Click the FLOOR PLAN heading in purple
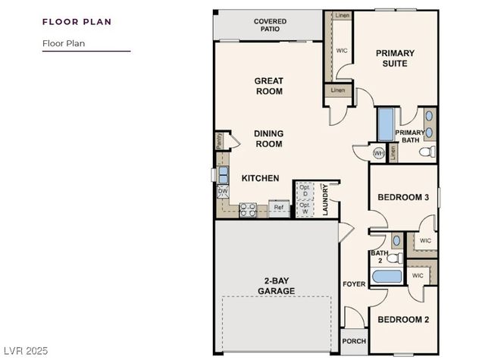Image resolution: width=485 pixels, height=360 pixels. pyautogui.click(x=77, y=21)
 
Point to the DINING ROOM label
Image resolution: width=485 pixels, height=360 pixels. pyautogui.click(x=268, y=139)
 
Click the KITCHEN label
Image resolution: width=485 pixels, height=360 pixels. pyautogui.click(x=260, y=178)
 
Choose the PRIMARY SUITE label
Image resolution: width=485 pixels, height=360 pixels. pyautogui.click(x=396, y=58)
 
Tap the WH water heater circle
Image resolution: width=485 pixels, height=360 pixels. pyautogui.click(x=379, y=152)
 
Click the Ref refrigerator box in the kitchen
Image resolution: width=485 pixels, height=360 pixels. pyautogui.click(x=278, y=208)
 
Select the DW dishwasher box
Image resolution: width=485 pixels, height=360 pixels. pyautogui.click(x=223, y=192)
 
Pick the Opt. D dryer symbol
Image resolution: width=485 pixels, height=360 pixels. pyautogui.click(x=305, y=189)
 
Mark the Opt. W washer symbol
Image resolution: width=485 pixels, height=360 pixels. pyautogui.click(x=305, y=207)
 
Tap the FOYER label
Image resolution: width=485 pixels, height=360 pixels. pyautogui.click(x=354, y=284)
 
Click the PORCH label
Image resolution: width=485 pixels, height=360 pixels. pyautogui.click(x=354, y=341)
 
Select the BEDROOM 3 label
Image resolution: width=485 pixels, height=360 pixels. pyautogui.click(x=404, y=197)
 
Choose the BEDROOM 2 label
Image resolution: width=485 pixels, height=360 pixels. pyautogui.click(x=403, y=320)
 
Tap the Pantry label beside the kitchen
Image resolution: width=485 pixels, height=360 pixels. pyautogui.click(x=218, y=139)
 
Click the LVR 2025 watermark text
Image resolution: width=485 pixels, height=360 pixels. pyautogui.click(x=26, y=350)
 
